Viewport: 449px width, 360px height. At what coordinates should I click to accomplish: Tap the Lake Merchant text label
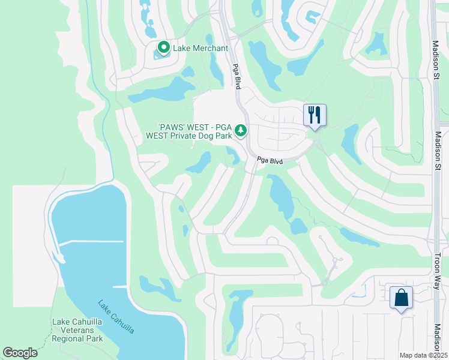200,48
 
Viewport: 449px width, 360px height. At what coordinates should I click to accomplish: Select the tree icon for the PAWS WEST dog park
241,130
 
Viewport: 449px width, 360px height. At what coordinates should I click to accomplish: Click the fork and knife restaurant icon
315,115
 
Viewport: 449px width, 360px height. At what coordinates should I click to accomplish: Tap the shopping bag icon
401,298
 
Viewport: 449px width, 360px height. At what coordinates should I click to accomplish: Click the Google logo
20,352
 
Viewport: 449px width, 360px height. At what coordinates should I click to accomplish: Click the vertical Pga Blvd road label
237,77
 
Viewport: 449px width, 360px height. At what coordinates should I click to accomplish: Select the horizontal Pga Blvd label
270,161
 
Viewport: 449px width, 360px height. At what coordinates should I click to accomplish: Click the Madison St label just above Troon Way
438,153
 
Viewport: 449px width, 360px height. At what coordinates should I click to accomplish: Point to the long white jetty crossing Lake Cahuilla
90,241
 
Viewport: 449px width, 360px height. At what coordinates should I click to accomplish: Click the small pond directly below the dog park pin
231,157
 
